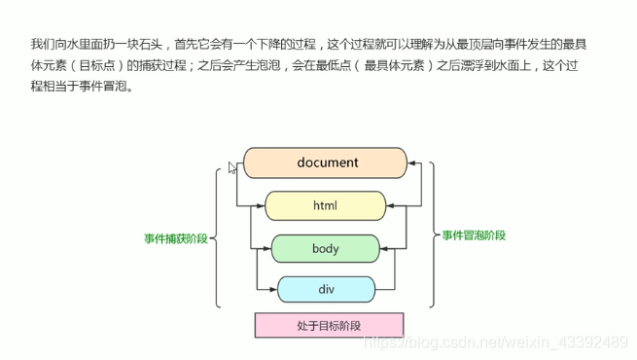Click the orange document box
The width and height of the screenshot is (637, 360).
tap(325, 162)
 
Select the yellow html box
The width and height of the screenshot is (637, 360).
tap(325, 205)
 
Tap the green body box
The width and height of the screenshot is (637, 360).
tap(325, 248)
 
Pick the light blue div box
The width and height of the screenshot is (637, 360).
tap(326, 289)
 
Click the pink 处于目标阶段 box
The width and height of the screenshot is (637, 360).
tap(329, 325)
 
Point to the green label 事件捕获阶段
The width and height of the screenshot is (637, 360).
tap(175, 236)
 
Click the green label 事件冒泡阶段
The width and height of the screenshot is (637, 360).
tap(474, 235)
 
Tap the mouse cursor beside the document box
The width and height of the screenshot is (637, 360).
tap(232, 167)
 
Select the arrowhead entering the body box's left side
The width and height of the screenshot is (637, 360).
tap(266, 248)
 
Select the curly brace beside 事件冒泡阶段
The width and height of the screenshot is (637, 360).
tap(434, 235)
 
